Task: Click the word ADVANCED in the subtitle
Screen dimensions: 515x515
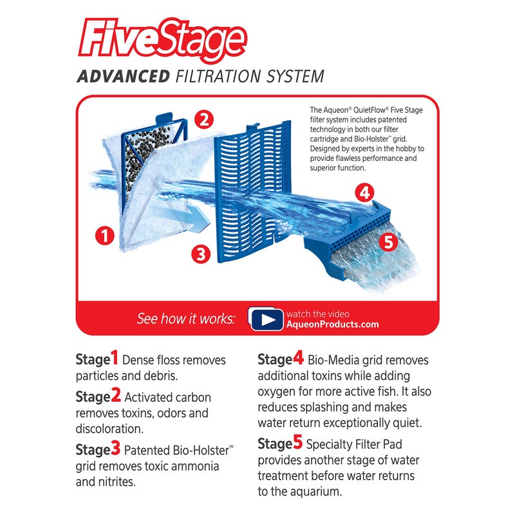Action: point(122,77)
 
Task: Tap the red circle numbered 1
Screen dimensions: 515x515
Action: point(105,236)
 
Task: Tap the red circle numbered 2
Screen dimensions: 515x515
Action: point(204,119)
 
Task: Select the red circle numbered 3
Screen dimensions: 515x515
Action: point(201,254)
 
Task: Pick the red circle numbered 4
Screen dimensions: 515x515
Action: point(365,192)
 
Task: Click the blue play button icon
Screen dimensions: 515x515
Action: point(266,319)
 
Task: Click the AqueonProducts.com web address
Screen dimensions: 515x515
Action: point(333,324)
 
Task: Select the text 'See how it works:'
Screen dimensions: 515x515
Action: point(186,319)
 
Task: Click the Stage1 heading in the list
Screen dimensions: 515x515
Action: point(97,359)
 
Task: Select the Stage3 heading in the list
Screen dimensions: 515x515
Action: point(98,448)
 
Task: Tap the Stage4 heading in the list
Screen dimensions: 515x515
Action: point(280,359)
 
